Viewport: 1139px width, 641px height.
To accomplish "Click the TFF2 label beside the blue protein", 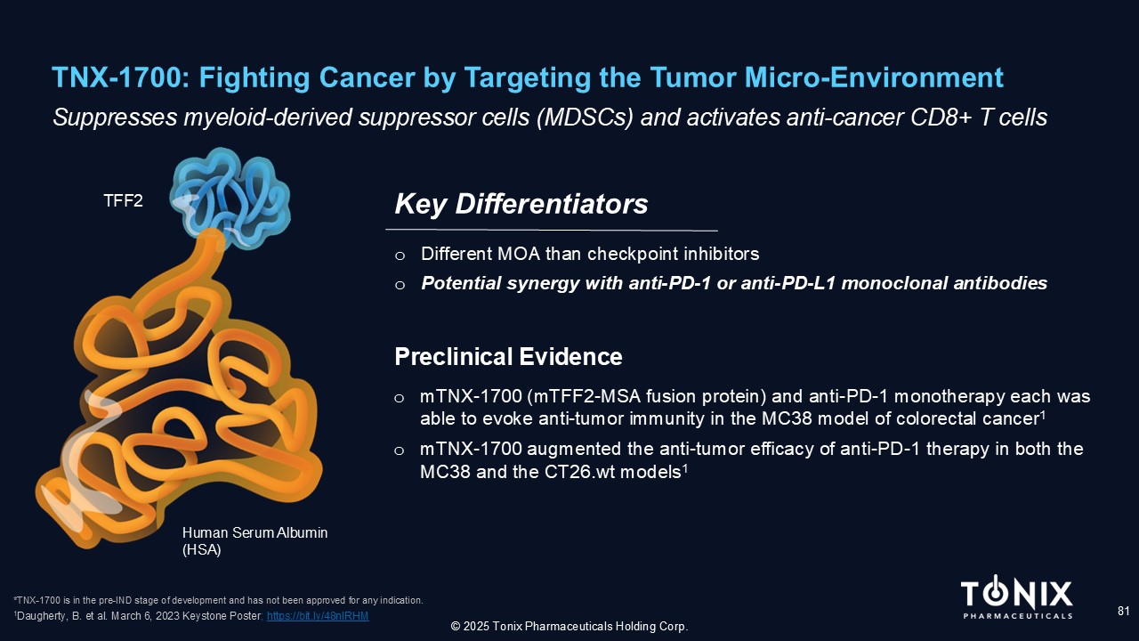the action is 123,201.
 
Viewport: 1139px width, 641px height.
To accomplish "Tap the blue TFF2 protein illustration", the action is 230,199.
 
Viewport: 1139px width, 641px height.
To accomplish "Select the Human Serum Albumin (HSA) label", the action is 254,541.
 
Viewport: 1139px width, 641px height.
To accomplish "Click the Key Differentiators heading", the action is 521,204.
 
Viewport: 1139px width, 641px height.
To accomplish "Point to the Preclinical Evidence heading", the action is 508,357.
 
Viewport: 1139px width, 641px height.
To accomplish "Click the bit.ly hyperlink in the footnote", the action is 318,616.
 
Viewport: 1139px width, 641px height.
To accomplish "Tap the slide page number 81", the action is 1123,611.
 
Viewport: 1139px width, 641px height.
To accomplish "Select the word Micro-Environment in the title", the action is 874,77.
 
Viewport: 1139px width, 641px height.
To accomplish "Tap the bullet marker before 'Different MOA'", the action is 400,256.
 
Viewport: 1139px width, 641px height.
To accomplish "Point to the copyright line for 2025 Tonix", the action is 569,626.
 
